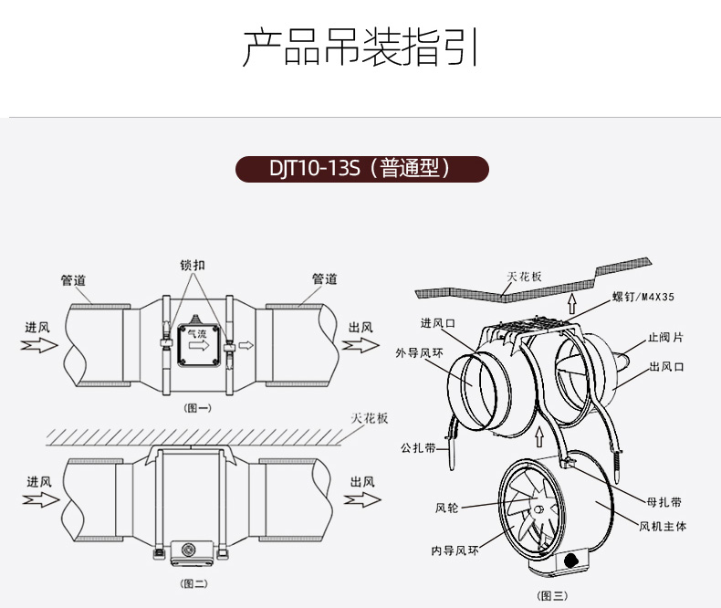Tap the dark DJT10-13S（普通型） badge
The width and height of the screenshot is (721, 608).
(x=362, y=170)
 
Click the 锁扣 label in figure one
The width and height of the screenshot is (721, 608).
(x=192, y=267)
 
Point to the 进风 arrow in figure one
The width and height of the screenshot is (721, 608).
(x=39, y=345)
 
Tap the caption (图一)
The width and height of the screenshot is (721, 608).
(x=197, y=408)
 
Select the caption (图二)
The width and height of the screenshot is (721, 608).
(x=194, y=581)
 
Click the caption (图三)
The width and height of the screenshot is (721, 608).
(x=553, y=595)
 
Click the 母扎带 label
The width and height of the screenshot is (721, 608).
(x=664, y=502)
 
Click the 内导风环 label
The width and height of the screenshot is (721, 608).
(x=455, y=550)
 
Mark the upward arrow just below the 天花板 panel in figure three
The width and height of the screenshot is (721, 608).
(x=572, y=302)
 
